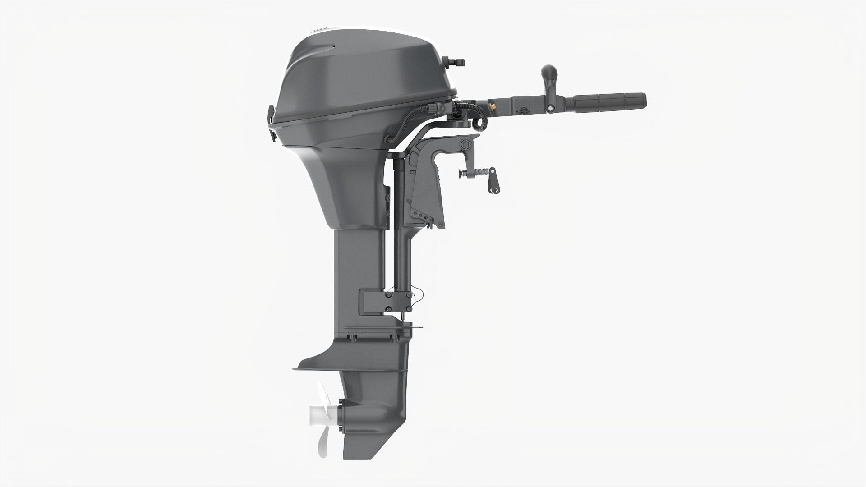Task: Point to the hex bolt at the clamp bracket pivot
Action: click(465, 144)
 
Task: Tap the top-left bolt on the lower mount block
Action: click(388, 295)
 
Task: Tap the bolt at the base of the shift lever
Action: click(550, 109)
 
